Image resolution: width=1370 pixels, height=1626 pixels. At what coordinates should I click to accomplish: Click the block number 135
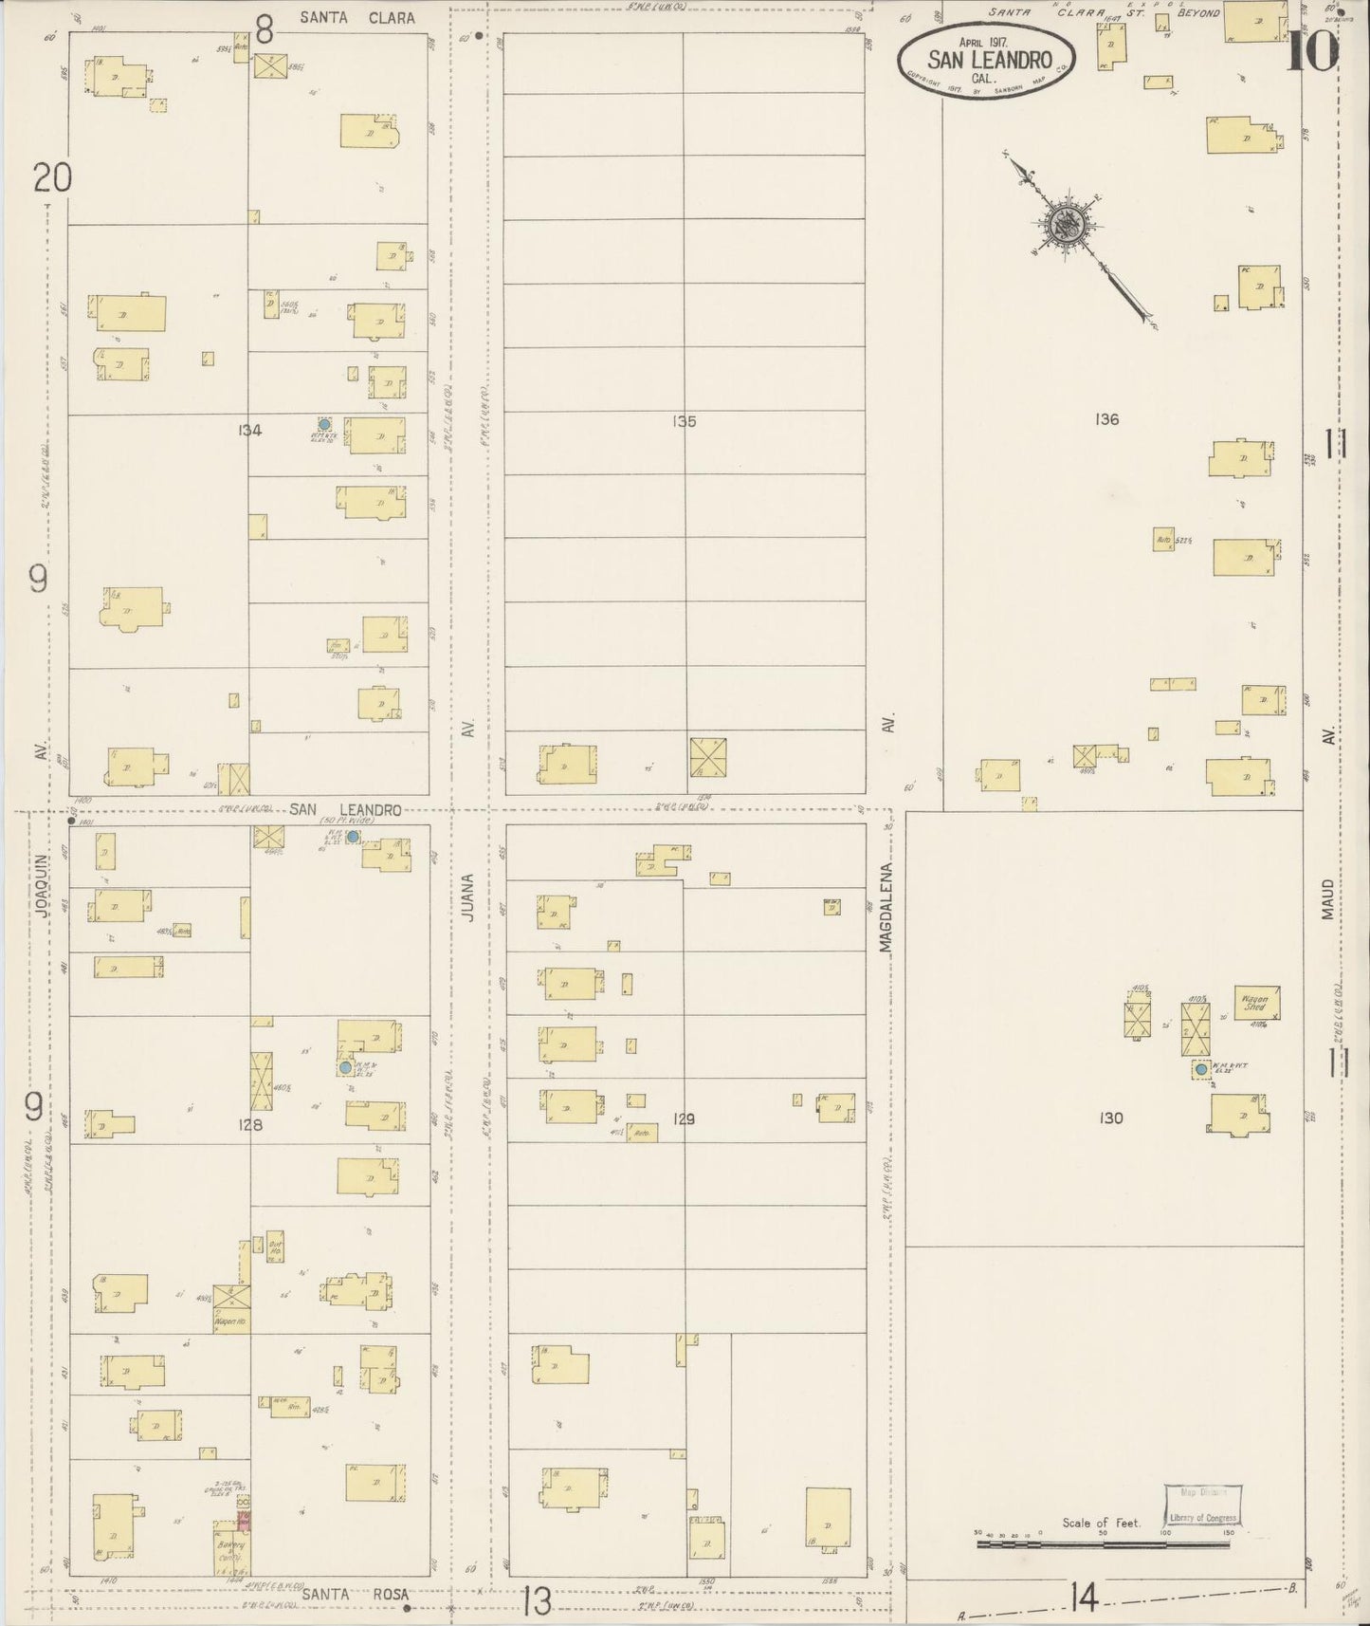pyautogui.click(x=684, y=421)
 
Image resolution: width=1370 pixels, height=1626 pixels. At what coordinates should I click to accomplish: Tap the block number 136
pyautogui.click(x=1106, y=419)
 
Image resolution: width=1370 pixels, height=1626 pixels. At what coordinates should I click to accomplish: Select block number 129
pyautogui.click(x=684, y=1119)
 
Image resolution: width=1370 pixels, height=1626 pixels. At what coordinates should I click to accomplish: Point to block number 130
pyautogui.click(x=1110, y=1118)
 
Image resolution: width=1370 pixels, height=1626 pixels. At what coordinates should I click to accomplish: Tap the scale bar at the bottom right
pyautogui.click(x=1102, y=1544)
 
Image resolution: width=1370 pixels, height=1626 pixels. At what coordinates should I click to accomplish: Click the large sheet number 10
pyautogui.click(x=1313, y=51)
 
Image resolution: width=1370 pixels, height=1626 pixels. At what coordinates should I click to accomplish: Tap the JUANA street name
pyautogui.click(x=466, y=897)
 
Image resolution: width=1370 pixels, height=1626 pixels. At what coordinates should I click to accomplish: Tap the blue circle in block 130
pyautogui.click(x=1201, y=1069)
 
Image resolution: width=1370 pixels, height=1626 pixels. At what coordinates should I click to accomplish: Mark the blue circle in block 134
pyautogui.click(x=324, y=425)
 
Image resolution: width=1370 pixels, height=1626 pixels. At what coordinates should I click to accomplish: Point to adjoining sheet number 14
pyautogui.click(x=1083, y=1599)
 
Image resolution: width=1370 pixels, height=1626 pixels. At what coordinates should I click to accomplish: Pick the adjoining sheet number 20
pyautogui.click(x=52, y=177)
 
